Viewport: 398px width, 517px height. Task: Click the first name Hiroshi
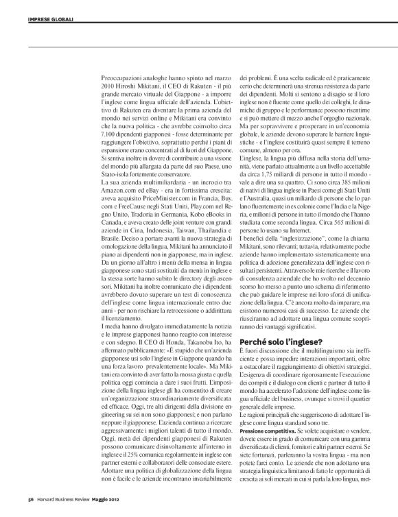tap(139, 87)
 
